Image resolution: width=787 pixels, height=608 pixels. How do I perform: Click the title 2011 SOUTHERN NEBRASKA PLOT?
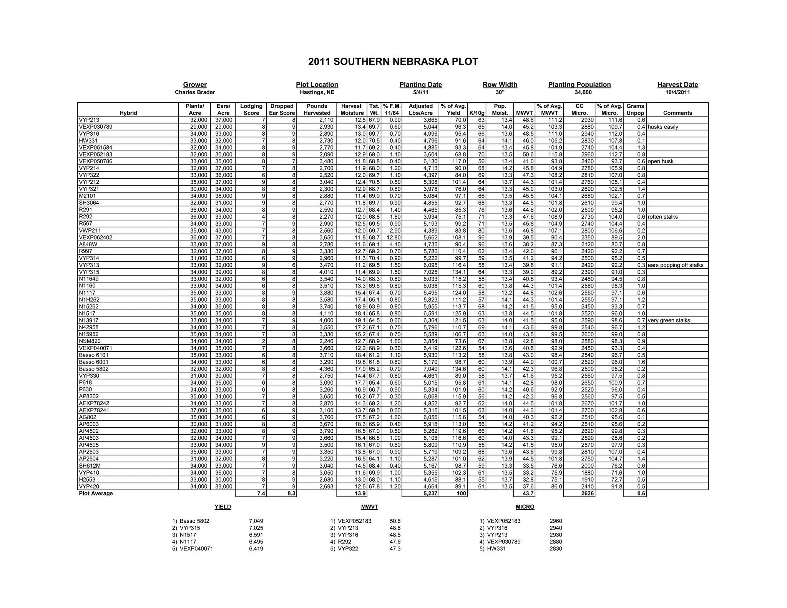(393, 62)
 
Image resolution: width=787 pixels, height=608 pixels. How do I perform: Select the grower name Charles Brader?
(195, 92)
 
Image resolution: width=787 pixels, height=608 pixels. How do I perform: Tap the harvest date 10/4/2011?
(677, 92)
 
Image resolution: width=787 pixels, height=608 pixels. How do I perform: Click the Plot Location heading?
(317, 85)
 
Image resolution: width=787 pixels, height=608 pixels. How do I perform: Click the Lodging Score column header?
(251, 109)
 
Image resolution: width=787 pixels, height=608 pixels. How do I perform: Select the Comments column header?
(677, 113)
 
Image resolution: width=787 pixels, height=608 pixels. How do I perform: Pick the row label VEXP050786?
(96, 161)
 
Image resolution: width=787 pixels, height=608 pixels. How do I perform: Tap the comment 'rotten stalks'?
(662, 217)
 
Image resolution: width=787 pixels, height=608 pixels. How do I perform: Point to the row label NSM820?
(90, 341)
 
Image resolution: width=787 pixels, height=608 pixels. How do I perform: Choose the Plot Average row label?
(96, 493)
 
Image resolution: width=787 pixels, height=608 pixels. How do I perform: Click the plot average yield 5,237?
(430, 493)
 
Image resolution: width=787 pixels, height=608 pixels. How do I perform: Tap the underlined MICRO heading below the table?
(525, 507)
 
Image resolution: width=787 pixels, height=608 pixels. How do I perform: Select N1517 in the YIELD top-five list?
(188, 535)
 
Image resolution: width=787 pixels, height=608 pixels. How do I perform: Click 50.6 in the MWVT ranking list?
(395, 521)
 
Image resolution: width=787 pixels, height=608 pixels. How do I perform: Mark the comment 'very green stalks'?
(669, 321)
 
